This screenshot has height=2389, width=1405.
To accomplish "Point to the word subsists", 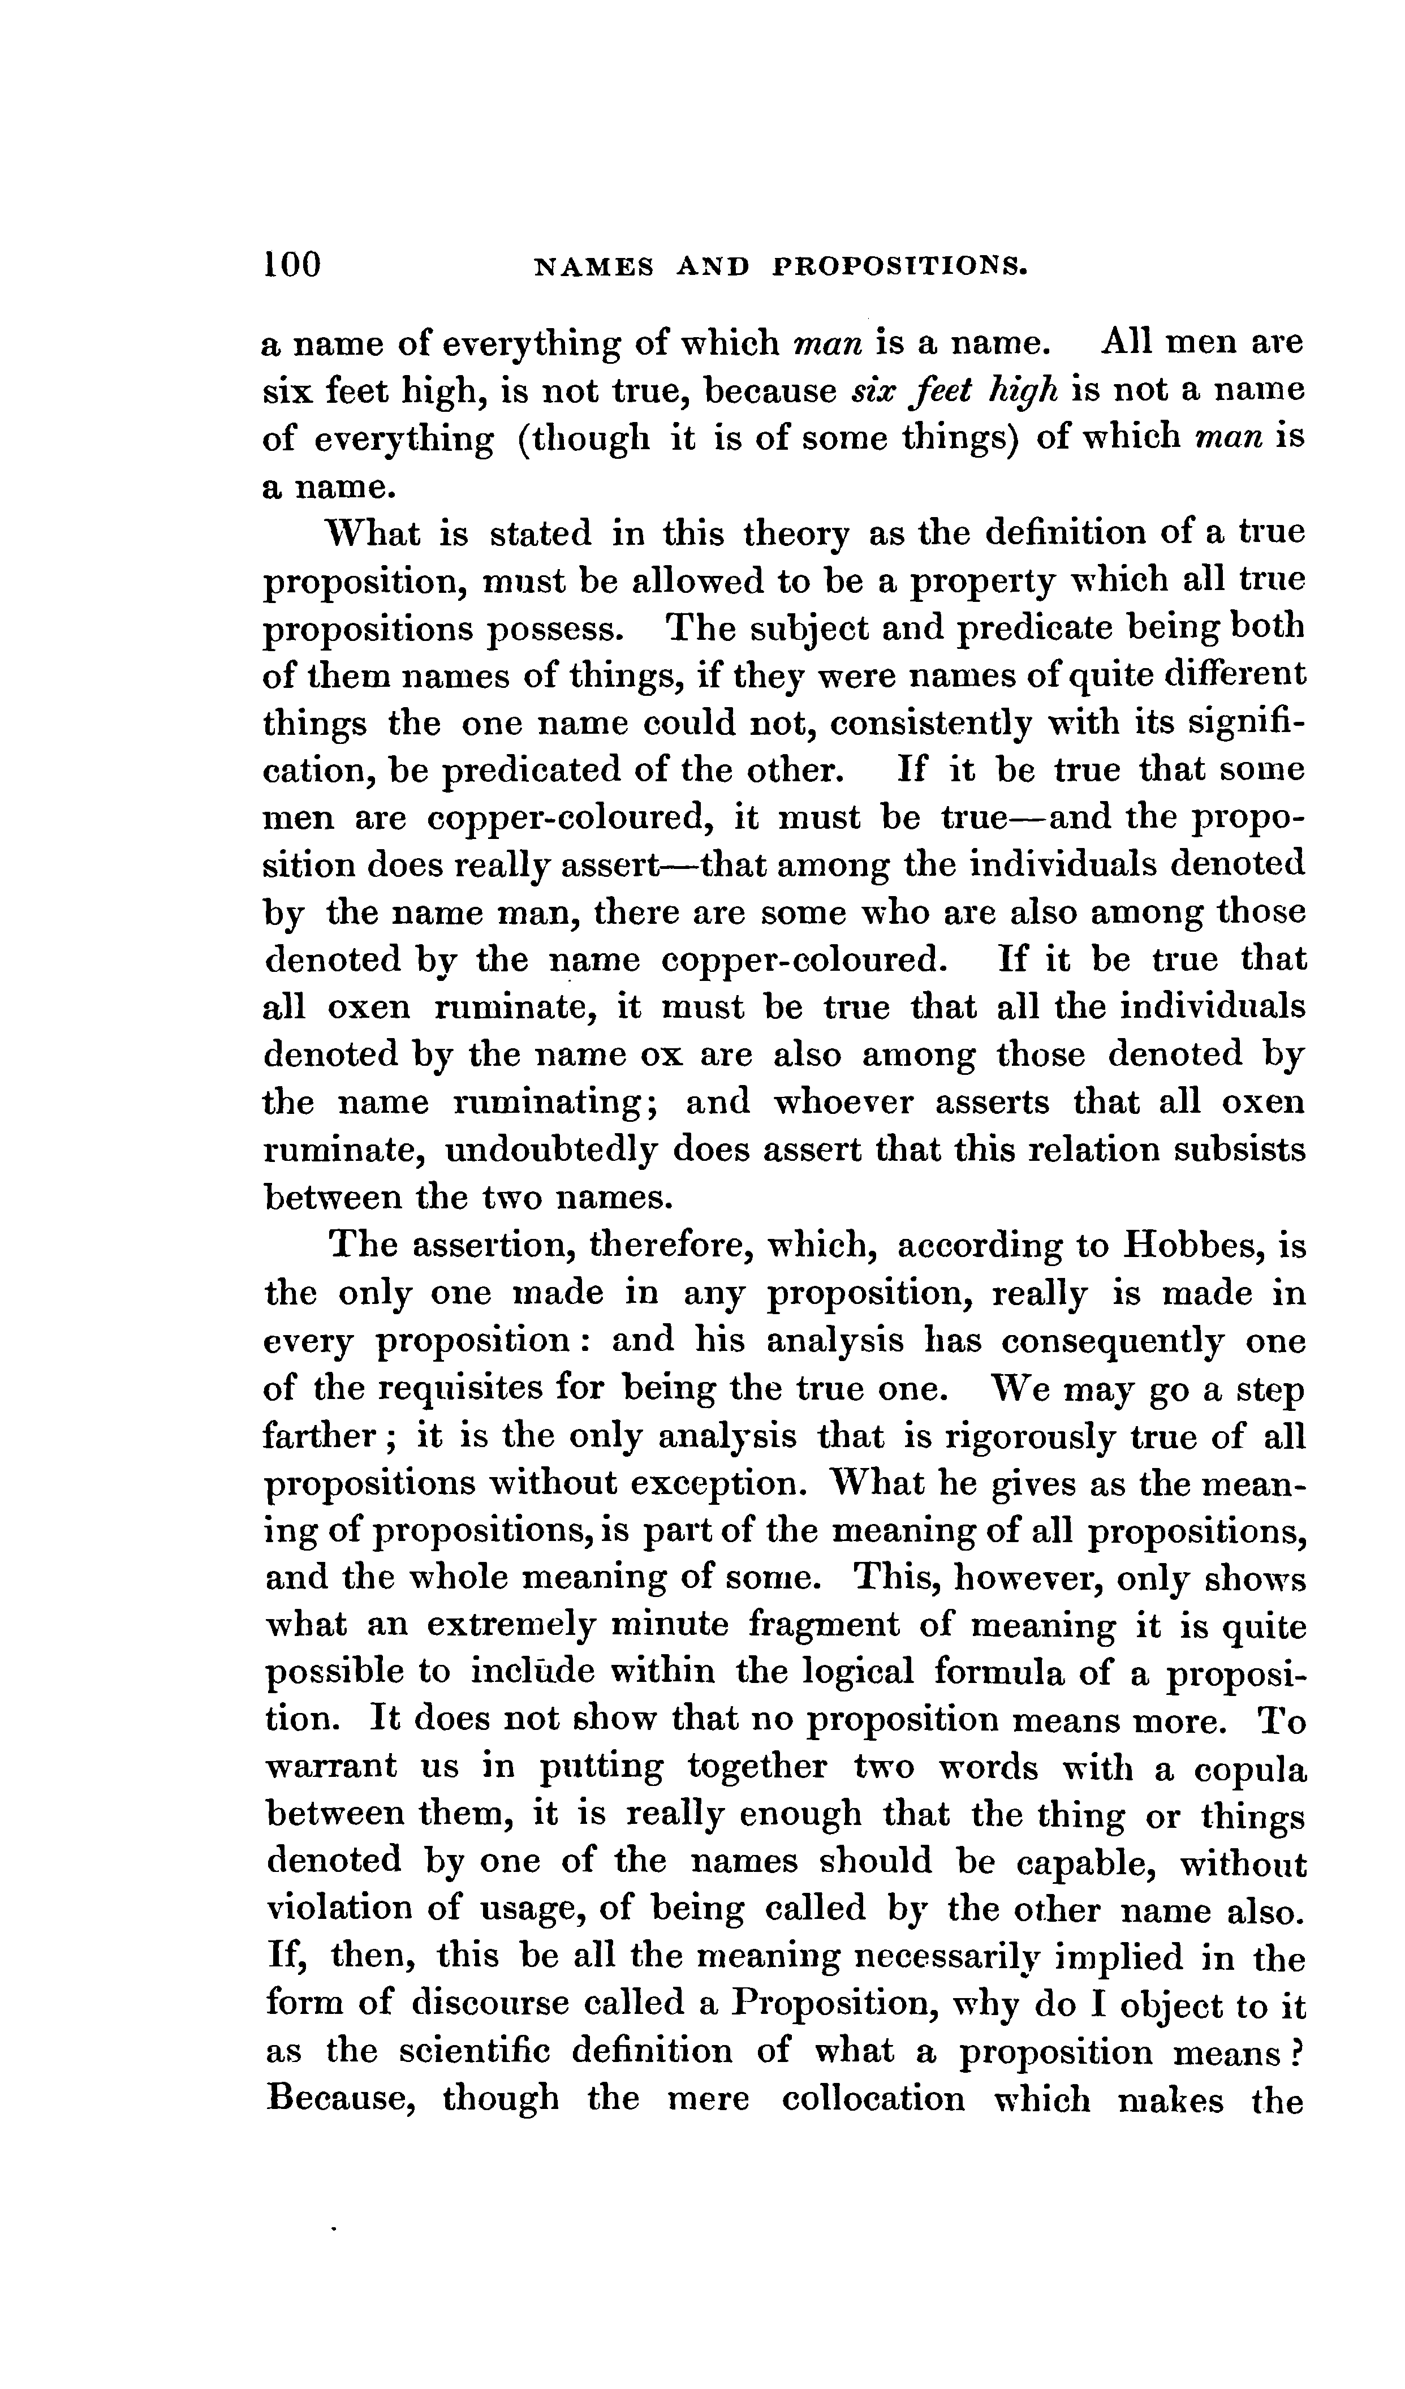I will coord(1240,1150).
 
